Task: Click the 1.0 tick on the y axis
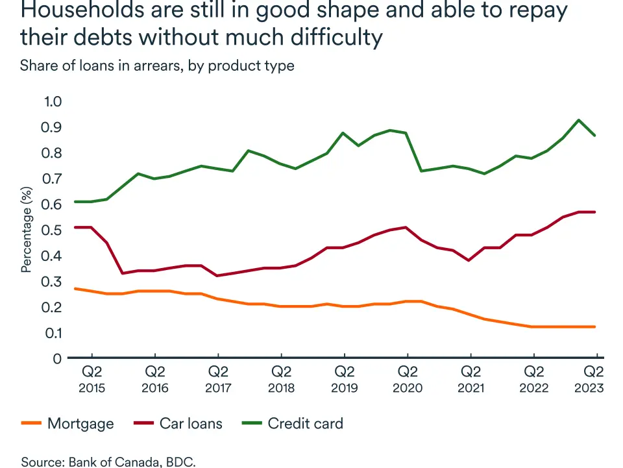pyautogui.click(x=51, y=101)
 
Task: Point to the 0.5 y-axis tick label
pyautogui.click(x=51, y=230)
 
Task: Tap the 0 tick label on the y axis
pyautogui.click(x=56, y=358)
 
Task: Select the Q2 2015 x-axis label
pyautogui.click(x=92, y=380)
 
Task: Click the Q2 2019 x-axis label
pyautogui.click(x=344, y=380)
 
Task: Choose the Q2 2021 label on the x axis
pyautogui.click(x=470, y=380)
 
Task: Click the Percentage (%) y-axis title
pyautogui.click(x=27, y=230)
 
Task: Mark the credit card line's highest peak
pyautogui.click(x=578, y=120)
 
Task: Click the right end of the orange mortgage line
pyautogui.click(x=594, y=326)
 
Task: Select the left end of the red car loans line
pyautogui.click(x=76, y=227)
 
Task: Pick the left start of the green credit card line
pyautogui.click(x=76, y=202)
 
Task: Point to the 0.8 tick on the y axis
pyautogui.click(x=51, y=153)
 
